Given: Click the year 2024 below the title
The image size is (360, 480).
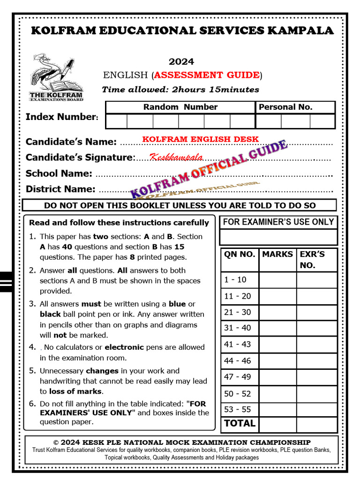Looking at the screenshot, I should coord(181,62).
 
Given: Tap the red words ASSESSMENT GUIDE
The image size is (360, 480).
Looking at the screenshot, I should coord(207,75).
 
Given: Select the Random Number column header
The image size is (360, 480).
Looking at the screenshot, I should coord(180,107).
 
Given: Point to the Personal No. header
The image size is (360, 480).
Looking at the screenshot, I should coord(285,107).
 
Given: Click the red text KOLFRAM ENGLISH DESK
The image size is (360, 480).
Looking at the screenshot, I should coord(200,139).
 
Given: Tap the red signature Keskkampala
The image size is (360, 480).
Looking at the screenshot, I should coord(176,157).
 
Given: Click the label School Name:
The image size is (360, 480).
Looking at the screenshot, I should coord(59,173).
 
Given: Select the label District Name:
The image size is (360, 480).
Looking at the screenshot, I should coord(60,189).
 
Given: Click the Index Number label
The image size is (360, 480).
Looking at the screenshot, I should coord(61,117).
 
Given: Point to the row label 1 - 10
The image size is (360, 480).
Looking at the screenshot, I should coord(235,280).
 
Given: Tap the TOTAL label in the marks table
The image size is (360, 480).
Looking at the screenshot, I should coord(240,423).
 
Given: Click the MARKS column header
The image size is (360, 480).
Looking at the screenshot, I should coord(277,254).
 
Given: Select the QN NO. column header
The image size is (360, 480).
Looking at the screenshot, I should coord(240,254).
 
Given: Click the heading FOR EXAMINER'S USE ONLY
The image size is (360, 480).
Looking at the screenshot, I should coord(278,222).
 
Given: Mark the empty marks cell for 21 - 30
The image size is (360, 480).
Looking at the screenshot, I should coord(277,312).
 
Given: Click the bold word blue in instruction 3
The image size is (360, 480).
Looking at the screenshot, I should coord(177,304).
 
